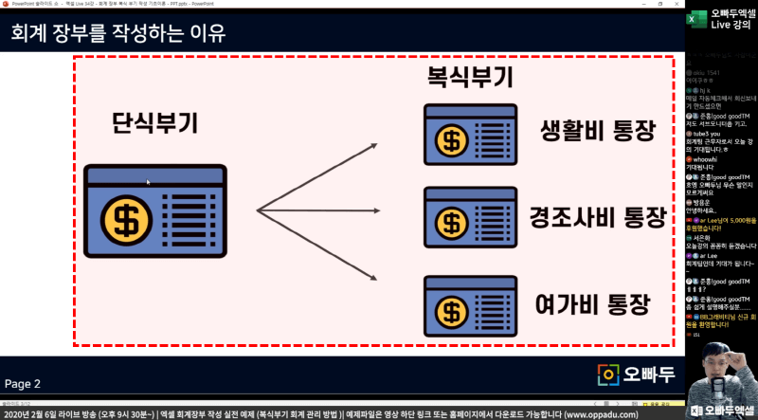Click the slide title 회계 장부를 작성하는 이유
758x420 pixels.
pos(118,34)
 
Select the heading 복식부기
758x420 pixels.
pos(470,78)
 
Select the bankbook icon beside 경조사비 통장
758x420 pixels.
pos(458,221)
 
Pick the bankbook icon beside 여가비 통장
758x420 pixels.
pos(458,304)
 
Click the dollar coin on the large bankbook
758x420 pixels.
pos(124,220)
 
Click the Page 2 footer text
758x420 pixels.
pos(23,383)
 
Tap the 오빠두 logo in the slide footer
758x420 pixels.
pos(637,374)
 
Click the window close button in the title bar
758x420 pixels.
pos(676,4)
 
